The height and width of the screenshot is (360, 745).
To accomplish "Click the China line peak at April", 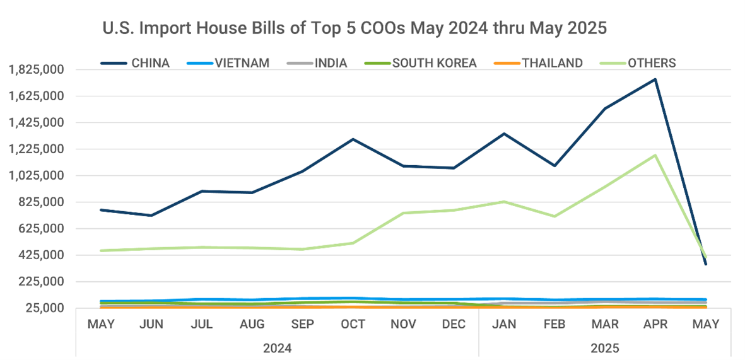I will tap(655, 79).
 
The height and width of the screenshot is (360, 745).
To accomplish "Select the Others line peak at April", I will tap(655, 155).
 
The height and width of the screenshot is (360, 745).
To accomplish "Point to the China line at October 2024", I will tap(353, 139).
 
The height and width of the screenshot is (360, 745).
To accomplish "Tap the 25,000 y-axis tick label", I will tap(49, 308).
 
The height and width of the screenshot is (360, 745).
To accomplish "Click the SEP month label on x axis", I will tap(302, 325).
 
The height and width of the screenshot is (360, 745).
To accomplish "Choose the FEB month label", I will tap(554, 325).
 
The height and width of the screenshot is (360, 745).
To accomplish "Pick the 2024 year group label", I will tap(277, 347).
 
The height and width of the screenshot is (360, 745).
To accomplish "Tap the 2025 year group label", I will tap(605, 347).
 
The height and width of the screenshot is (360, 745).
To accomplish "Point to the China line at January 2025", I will tap(504, 134).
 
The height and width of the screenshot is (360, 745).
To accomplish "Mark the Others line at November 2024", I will tap(403, 213).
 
